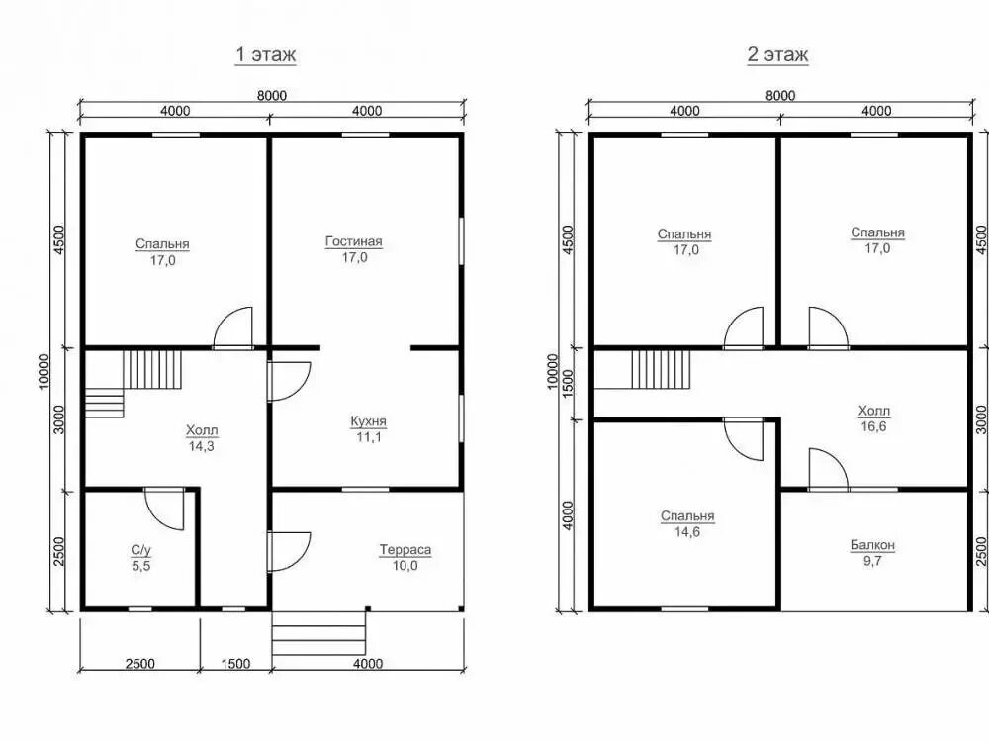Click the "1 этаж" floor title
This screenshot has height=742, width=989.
265,54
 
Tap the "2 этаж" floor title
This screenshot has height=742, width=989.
777,54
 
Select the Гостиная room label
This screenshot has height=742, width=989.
354,241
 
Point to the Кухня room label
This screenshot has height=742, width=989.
368,420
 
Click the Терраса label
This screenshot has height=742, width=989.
405,549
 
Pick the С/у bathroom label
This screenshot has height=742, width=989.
141,550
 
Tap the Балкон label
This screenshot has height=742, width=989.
872,544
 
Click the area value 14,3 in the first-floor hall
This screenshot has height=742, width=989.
201,447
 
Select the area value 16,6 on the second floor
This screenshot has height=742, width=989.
873,426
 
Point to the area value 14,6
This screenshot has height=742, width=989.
687,532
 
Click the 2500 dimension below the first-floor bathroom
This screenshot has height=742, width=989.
139,664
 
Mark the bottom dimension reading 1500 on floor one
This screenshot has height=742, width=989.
235,664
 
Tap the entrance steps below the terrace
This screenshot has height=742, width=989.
319,633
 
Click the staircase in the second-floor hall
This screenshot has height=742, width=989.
661,370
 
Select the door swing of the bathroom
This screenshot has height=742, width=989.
164,509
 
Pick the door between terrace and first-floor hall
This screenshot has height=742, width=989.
288,551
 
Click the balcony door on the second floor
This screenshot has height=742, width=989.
828,469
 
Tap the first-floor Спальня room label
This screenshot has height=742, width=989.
162,244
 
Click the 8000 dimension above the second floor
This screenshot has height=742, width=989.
780,95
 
